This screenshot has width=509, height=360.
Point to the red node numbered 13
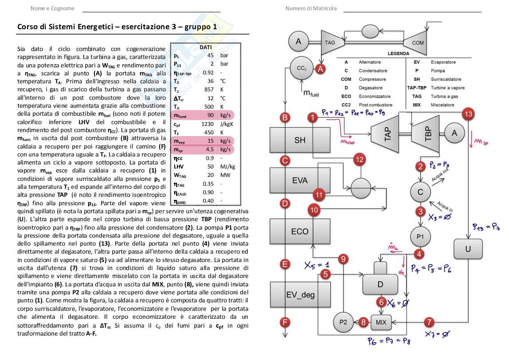(x=468, y=114)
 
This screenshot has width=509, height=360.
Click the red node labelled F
(x=285, y=322)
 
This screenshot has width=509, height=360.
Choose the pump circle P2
(x=343, y=322)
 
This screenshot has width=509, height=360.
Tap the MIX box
(x=381, y=322)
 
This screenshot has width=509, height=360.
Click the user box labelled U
(x=468, y=249)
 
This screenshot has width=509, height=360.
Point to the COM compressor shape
(x=417, y=43)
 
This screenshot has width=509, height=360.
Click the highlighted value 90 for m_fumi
(x=211, y=116)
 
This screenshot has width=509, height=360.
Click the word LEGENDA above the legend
(x=399, y=53)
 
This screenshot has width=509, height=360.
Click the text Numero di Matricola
(x=311, y=8)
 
